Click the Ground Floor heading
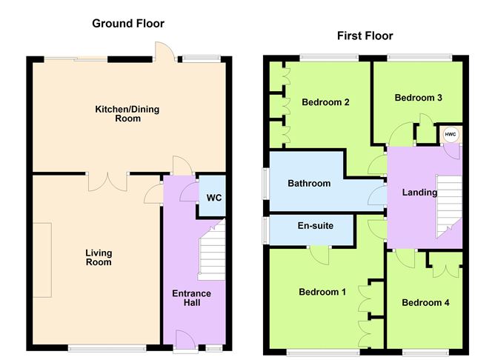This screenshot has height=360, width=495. coord(128,24)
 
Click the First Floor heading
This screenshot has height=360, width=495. coord(365,36)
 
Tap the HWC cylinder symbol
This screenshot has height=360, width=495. coord(451,134)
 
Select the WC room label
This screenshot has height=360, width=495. coord(214,198)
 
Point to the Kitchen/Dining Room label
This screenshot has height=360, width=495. coord(127,114)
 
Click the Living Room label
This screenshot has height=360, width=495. coord(99,258)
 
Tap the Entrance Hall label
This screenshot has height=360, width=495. coord(192,299)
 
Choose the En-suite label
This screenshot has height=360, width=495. coord(316,226)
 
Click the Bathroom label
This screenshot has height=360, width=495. coord(309,183)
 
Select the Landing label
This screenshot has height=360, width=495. coord(419,193)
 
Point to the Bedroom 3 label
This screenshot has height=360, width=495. coord(418,98)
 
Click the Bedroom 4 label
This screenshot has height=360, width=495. coord(425,303)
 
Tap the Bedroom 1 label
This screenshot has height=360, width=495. coord(322,292)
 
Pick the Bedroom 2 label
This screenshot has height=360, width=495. coord(325,102)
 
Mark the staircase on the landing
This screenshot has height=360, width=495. coord(449,207)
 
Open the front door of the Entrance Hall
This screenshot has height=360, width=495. coord(185,341)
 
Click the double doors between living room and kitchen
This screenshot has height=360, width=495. coord(107,181)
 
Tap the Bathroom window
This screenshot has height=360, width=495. coord(266,184)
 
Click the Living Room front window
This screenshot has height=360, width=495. coord(107,348)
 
